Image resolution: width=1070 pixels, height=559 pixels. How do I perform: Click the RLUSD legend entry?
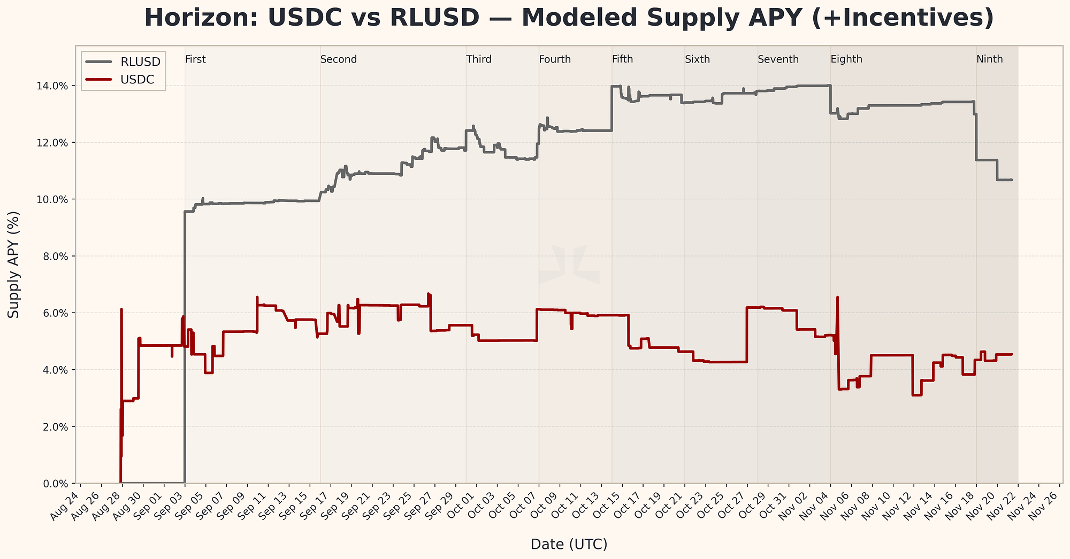coord(141,62)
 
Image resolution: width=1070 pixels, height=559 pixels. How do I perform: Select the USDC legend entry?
coord(137,80)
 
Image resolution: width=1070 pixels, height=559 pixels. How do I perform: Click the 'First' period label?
coord(195,59)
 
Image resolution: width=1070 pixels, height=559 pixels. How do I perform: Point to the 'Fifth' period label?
coord(622,59)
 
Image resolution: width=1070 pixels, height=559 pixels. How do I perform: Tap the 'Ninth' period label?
coord(989,59)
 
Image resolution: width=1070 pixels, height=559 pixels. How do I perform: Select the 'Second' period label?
coord(338,59)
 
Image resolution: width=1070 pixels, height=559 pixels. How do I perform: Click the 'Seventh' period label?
coord(778,59)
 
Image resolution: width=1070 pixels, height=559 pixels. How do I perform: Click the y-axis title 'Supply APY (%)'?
coord(14,265)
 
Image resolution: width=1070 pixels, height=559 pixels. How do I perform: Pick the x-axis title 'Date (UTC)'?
coord(569,545)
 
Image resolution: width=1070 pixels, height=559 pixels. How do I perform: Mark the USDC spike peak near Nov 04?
coord(837,297)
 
